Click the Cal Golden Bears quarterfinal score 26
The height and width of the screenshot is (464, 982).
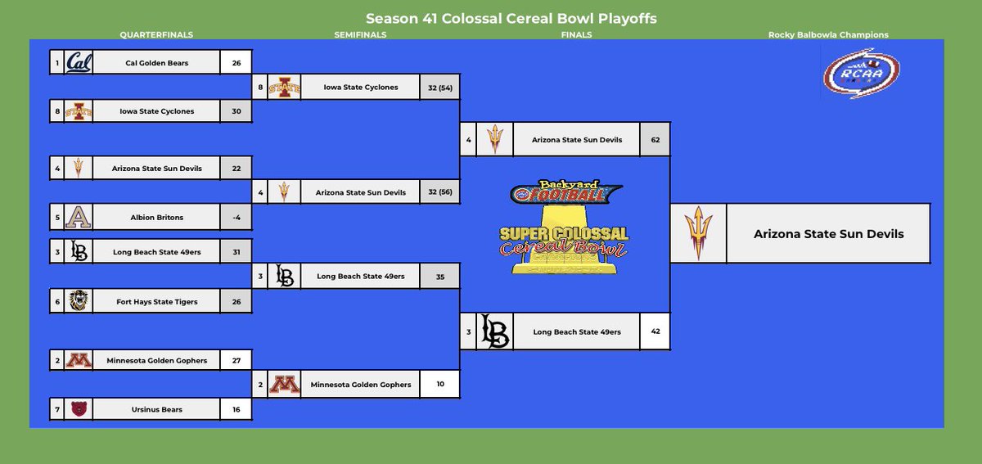[236, 62]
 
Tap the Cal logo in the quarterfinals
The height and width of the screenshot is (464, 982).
[79, 62]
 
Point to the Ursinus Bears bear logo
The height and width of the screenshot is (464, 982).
[79, 408]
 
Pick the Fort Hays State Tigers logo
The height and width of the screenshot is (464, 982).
[79, 301]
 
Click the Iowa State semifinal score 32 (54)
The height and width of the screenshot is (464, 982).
[439, 88]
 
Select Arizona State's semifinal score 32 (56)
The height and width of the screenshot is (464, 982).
[439, 192]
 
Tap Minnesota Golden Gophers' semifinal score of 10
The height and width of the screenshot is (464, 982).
[439, 383]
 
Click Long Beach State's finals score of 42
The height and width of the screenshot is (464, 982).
[655, 331]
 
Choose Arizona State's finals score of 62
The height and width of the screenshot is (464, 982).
[655, 139]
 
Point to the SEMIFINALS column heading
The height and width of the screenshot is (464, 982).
[360, 35]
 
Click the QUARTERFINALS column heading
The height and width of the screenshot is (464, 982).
[156, 35]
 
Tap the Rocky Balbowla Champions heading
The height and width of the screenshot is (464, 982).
[828, 35]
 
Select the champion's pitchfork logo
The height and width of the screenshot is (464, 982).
[697, 233]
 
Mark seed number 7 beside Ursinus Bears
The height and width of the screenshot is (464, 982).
[56, 408]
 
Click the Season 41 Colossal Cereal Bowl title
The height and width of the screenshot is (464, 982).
[511, 18]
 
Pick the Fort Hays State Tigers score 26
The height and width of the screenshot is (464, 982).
[236, 301]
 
